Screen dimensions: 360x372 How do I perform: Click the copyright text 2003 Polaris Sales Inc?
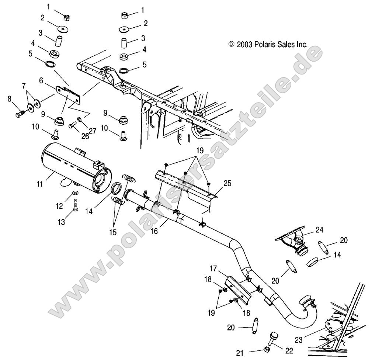click(x=268, y=45)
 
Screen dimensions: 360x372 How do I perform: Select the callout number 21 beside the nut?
click(x=240, y=353)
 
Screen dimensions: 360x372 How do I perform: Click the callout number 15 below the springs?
click(x=113, y=232)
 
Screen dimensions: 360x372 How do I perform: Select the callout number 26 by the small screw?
click(x=85, y=136)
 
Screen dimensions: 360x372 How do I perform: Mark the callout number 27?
click(x=92, y=130)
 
